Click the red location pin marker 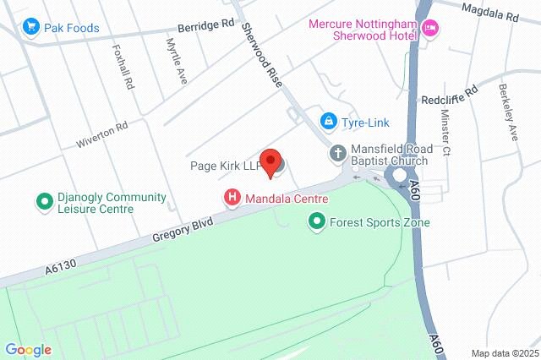(270, 161)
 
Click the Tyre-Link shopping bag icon (328, 122)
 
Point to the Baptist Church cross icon (337, 154)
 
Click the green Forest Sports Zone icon (316, 222)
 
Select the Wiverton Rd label (102, 131)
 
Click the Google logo (28, 350)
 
